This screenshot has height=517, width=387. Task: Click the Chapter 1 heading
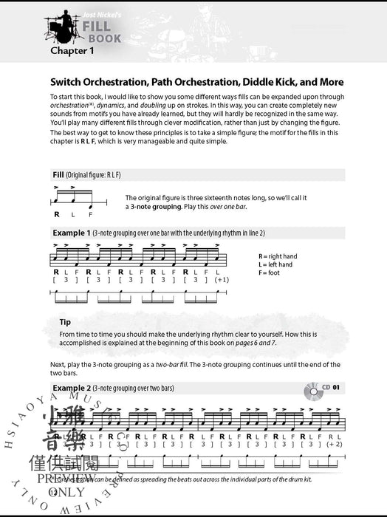[72, 51]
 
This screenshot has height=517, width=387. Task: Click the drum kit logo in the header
[58, 27]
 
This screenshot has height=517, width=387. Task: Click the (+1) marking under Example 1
[221, 280]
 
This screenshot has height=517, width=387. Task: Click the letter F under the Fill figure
[91, 214]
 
